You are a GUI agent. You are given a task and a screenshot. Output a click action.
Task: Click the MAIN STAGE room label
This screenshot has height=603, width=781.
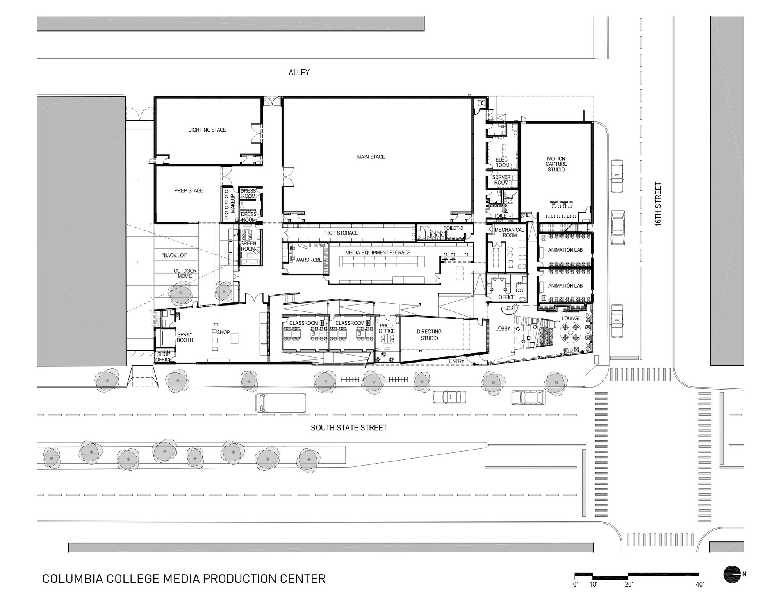point(371,157)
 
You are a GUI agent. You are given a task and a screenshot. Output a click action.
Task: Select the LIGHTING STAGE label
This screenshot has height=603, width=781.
point(207,130)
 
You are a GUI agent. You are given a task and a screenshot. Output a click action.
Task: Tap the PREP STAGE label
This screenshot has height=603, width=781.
point(189,191)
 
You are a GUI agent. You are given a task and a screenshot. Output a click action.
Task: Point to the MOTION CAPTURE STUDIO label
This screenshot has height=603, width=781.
point(556,164)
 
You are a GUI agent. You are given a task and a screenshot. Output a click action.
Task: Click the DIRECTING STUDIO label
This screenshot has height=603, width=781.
point(429,335)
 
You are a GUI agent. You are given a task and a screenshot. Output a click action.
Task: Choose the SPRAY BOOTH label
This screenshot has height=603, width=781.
point(185,338)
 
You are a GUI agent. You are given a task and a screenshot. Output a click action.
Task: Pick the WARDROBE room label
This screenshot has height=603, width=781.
point(308,260)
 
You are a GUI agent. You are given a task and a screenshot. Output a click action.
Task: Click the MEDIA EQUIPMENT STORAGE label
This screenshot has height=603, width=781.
point(378,253)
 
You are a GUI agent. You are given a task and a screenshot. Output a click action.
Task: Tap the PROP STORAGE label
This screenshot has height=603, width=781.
point(340,233)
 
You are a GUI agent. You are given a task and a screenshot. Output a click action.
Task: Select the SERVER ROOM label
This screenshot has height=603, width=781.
point(501,180)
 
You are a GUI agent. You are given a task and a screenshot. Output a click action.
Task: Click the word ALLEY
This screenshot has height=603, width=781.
point(299,73)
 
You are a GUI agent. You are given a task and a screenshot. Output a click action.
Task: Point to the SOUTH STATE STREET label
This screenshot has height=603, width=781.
point(349,428)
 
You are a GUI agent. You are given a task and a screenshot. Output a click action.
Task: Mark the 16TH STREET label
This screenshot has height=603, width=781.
point(658,205)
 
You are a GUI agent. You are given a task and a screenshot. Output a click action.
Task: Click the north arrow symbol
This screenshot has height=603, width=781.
point(731,575)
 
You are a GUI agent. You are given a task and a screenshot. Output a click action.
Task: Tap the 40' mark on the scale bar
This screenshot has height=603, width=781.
point(699,584)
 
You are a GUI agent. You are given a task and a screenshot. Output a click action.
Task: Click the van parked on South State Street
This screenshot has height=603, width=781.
point(280,403)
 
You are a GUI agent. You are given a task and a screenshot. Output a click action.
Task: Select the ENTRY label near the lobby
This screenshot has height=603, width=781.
point(456,361)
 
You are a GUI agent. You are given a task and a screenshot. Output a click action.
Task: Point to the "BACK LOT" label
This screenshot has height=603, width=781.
point(175,256)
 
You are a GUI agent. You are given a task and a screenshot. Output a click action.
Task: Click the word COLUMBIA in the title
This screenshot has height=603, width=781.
point(71,578)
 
